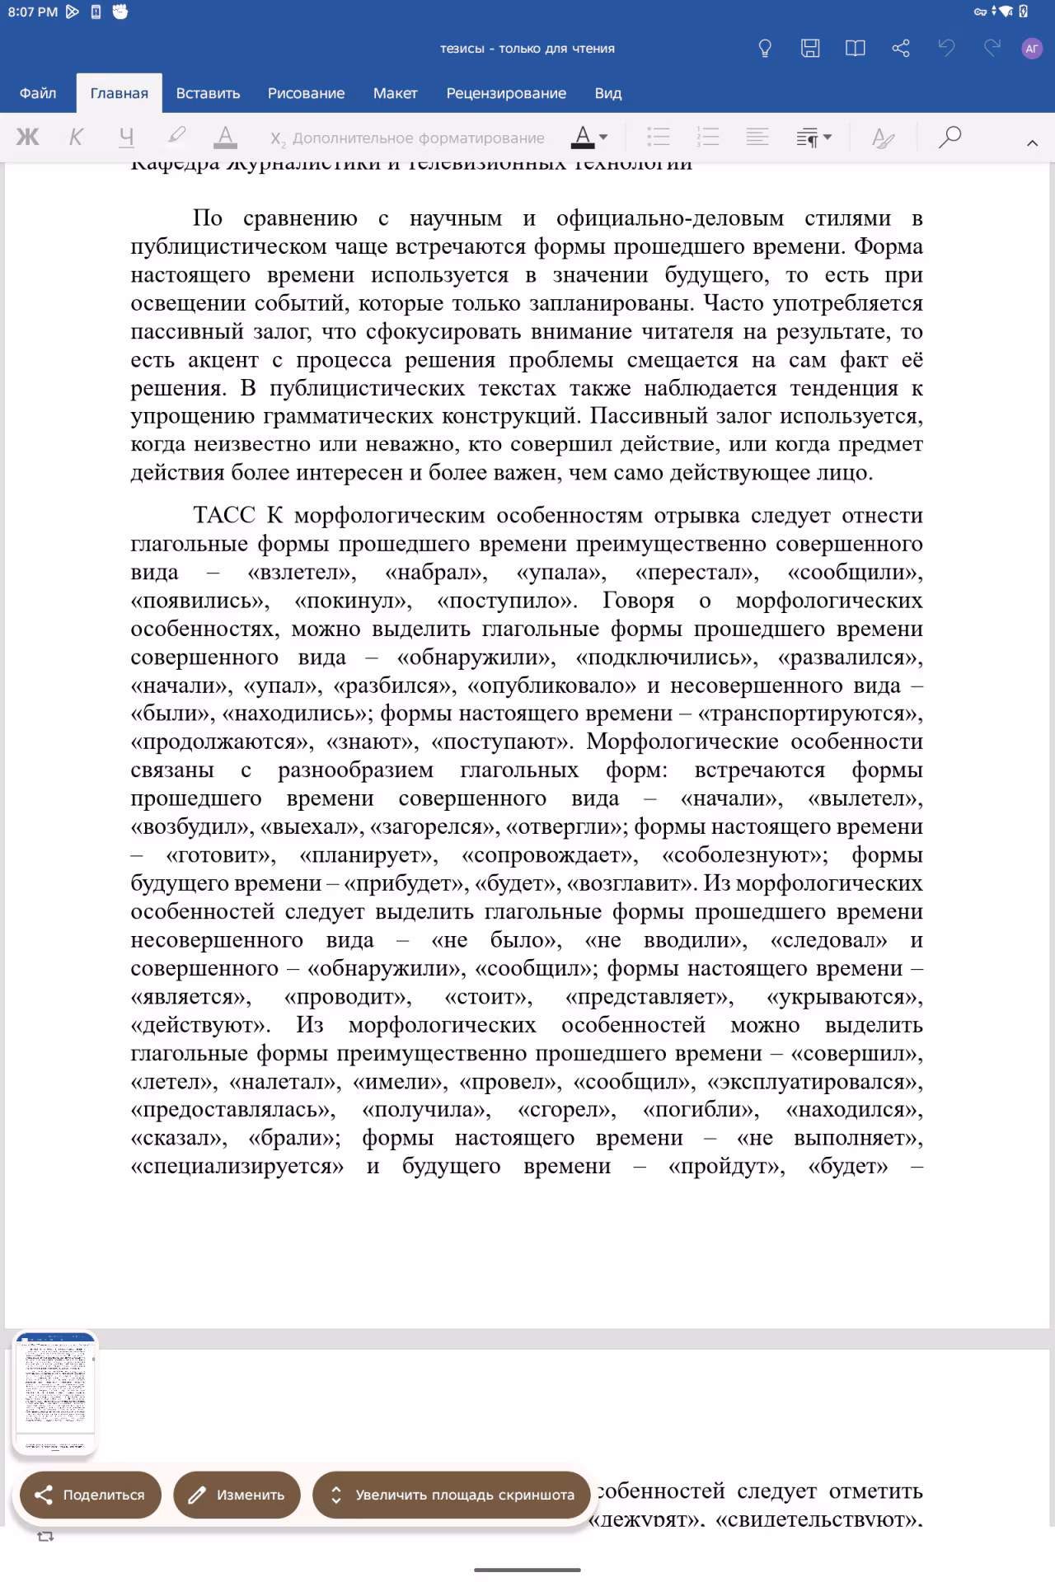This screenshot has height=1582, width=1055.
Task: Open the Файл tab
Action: click(38, 93)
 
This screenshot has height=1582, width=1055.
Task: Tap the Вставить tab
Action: click(208, 93)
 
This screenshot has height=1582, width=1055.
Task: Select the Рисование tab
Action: click(306, 93)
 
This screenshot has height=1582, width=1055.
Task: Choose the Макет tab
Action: click(395, 93)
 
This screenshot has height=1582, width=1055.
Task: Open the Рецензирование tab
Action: click(506, 93)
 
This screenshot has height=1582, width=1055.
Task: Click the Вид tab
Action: click(608, 93)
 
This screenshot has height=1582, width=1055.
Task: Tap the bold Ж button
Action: click(28, 137)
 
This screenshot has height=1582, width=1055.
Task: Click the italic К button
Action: click(76, 137)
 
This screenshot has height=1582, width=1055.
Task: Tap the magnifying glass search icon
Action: click(949, 137)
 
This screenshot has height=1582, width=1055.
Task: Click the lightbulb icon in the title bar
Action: click(765, 49)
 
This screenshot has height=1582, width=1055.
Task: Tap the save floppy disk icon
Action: click(810, 49)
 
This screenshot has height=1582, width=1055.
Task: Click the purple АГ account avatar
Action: click(1031, 49)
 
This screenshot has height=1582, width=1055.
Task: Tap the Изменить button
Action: click(237, 1495)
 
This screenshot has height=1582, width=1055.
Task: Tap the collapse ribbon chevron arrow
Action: click(1032, 143)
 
